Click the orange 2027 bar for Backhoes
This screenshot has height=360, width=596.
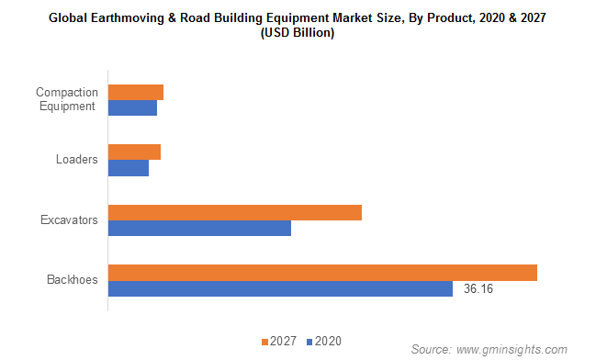[322, 273]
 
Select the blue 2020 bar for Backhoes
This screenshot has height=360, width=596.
[280, 288]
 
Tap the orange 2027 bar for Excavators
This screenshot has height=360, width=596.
[235, 213]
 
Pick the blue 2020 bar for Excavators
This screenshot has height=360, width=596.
[199, 228]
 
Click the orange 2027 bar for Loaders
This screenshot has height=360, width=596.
[134, 152]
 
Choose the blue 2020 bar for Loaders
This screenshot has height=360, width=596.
[129, 167]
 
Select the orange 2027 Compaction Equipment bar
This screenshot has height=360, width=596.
[136, 92]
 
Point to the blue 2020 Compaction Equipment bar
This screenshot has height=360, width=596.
[132, 107]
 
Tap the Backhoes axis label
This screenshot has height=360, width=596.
[73, 280]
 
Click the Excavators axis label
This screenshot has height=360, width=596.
[69, 220]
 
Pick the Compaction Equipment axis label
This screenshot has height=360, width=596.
[65, 99]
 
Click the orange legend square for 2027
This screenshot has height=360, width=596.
[264, 342]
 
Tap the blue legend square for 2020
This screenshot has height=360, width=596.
[309, 342]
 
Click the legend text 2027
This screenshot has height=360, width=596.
[283, 342]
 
